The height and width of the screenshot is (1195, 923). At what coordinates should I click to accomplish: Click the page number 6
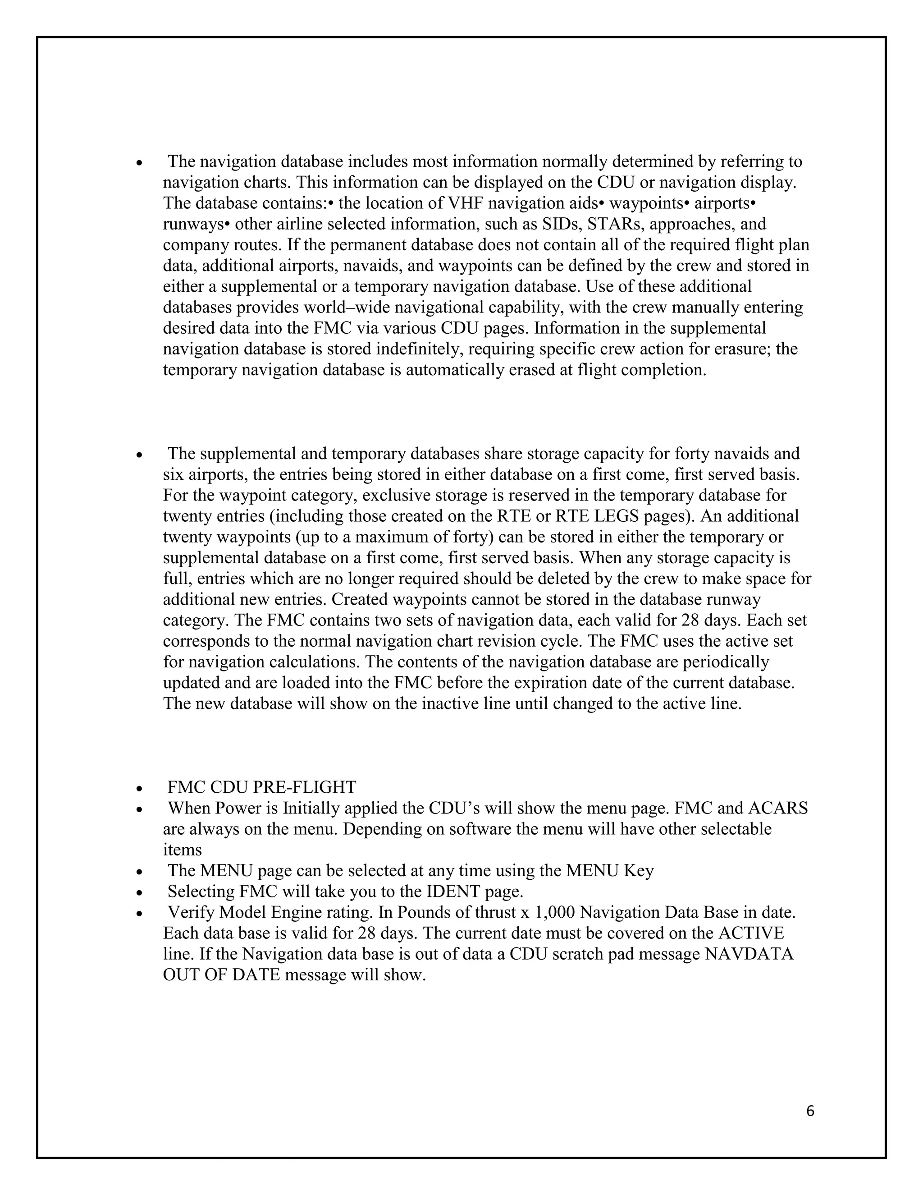810,1111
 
